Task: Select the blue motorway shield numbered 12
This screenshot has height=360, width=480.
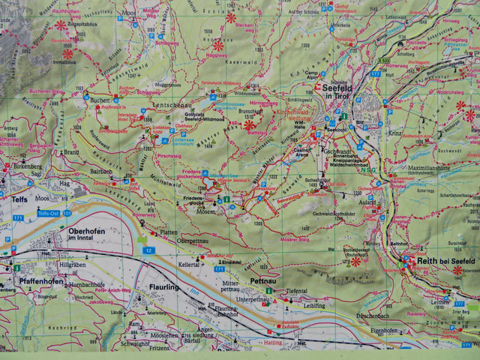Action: tap(149, 250)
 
